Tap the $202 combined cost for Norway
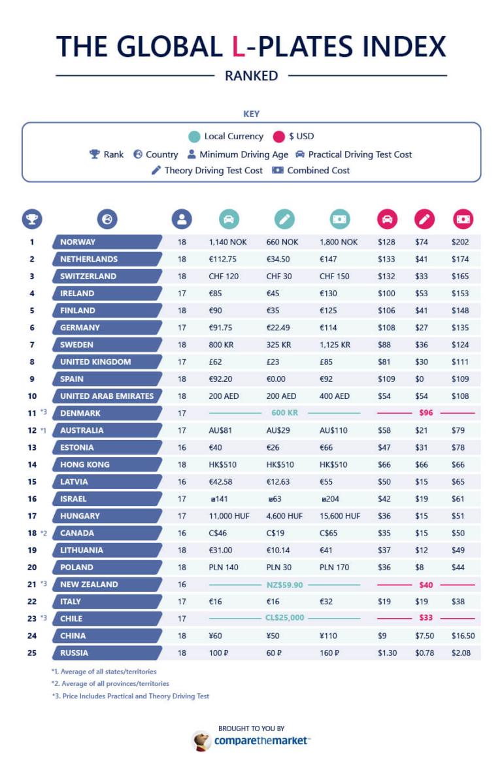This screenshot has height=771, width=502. [460, 242]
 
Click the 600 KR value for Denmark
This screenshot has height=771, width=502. [284, 413]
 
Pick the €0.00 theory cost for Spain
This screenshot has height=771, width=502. [278, 379]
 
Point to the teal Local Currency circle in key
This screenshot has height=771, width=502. [194, 137]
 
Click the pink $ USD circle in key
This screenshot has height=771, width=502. [279, 137]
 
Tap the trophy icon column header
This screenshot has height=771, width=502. [32, 219]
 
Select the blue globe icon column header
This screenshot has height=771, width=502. [107, 219]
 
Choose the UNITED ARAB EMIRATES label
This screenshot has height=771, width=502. [107, 396]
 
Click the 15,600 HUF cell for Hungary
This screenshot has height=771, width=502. [339, 516]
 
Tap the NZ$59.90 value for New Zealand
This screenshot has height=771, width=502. [284, 585]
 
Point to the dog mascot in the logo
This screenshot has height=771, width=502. [201, 740]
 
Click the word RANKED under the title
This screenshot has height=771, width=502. [251, 76]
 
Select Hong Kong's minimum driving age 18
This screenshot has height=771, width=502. [182, 464]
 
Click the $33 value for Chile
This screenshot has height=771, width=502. [426, 619]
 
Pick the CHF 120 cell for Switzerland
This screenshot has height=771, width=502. [224, 276]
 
